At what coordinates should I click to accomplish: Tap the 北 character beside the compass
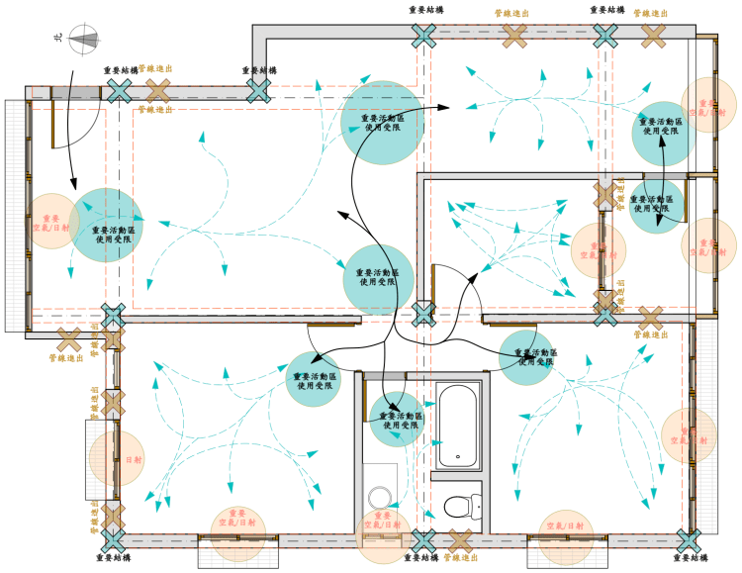pos(58,39)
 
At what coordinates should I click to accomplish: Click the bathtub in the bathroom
pos(457,425)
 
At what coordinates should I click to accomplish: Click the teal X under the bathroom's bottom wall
pos(423,540)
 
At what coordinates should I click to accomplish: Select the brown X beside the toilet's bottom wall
pos(460,540)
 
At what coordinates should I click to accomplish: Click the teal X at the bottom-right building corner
pos(688,540)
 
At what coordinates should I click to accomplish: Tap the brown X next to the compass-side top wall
pos(157,92)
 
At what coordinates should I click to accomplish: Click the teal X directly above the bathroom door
pos(423,315)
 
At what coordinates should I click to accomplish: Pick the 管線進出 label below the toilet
pos(458,558)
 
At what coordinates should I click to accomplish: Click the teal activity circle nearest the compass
pos(107,225)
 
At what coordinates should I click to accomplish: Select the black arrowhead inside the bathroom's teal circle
pos(395,408)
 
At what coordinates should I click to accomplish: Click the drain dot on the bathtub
pos(457,456)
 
